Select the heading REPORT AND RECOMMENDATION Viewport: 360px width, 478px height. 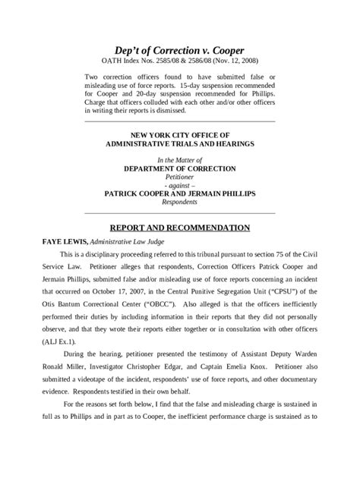coord(179,227)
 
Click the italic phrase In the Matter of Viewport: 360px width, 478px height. coord(179,160)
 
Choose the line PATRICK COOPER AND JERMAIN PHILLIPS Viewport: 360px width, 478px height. coord(179,193)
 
